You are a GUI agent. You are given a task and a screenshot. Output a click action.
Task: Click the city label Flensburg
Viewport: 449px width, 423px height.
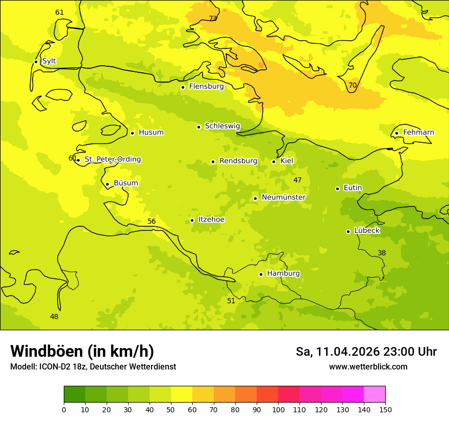(x=206, y=87)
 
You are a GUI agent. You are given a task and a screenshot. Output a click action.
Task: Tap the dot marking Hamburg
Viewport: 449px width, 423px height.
(x=261, y=274)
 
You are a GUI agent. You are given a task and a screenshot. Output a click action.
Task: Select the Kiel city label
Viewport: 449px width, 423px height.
(x=286, y=161)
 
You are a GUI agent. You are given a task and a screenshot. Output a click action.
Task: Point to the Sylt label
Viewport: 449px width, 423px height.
(x=49, y=61)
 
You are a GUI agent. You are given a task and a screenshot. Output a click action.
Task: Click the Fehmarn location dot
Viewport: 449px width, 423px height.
(x=396, y=133)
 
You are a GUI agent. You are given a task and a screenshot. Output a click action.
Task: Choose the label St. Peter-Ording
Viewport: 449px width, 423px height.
(x=112, y=160)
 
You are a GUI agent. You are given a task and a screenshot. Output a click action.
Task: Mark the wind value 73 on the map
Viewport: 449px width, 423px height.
(x=213, y=18)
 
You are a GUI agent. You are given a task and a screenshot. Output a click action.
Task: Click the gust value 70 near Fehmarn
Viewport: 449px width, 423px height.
(x=353, y=85)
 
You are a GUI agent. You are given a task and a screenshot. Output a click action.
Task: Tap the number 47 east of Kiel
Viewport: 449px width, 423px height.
(x=297, y=180)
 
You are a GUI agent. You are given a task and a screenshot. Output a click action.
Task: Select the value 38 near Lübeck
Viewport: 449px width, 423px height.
(x=382, y=253)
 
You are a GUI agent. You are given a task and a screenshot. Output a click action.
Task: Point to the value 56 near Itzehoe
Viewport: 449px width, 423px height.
(x=152, y=221)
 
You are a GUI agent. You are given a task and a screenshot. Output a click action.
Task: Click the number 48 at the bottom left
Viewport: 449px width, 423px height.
(x=54, y=316)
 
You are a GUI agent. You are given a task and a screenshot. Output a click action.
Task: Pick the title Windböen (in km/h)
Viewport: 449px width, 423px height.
(x=82, y=351)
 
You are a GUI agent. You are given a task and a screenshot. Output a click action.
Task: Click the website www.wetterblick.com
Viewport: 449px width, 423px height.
(x=368, y=366)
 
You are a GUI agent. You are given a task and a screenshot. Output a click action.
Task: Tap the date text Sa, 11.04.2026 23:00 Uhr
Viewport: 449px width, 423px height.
(x=366, y=352)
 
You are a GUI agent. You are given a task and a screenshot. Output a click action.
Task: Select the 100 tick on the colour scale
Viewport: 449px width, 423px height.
(x=278, y=409)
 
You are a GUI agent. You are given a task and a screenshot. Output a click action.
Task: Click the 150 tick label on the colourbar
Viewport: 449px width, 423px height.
(x=385, y=409)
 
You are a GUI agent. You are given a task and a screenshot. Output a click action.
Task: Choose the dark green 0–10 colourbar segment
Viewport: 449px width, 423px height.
(x=74, y=394)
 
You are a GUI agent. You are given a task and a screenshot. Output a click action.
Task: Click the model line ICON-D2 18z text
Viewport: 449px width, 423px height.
(x=93, y=366)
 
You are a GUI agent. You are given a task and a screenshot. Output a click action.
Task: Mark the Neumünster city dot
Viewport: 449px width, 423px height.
(x=255, y=198)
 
